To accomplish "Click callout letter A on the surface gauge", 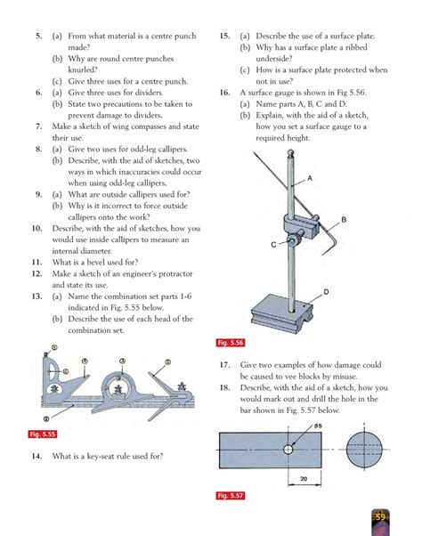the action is point(310,178).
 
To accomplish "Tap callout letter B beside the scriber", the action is point(344,219).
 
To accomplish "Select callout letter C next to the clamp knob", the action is point(273,245).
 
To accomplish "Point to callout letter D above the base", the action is point(326,292).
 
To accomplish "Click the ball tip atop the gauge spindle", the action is point(291,153).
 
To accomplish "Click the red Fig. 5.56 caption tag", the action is point(231,343).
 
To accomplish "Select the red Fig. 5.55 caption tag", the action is point(43,434).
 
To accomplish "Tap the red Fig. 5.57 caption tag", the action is point(231,495).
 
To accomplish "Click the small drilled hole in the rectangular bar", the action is point(288,449).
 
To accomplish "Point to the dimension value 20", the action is point(304,479).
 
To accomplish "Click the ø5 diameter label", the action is point(318,426).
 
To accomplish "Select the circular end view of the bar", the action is point(364,449).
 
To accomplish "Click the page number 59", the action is point(380,517).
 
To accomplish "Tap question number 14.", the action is point(37,456).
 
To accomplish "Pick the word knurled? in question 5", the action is point(83,69).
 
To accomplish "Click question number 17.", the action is point(225,365).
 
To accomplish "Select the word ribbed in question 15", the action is point(356,47).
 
